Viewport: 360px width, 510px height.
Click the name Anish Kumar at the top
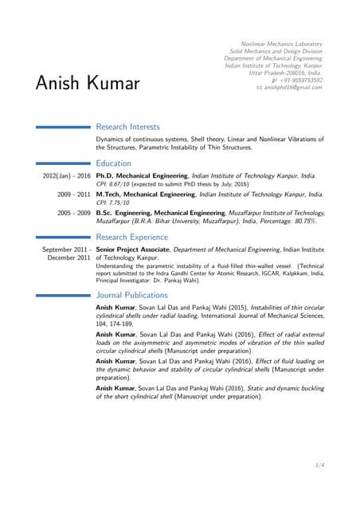click(88, 83)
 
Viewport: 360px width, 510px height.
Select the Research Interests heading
click(127, 127)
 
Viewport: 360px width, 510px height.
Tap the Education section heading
click(114, 163)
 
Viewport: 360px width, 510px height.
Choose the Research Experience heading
click(132, 237)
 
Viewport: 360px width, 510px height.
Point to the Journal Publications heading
click(131, 295)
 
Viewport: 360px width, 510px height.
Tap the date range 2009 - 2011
click(73, 194)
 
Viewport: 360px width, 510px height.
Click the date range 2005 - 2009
click(73, 213)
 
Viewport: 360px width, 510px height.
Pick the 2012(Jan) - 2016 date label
click(66, 175)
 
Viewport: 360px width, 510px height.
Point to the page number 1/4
click(319, 465)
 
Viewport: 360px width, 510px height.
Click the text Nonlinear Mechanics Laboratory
click(281, 44)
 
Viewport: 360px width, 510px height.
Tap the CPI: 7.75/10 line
click(113, 203)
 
